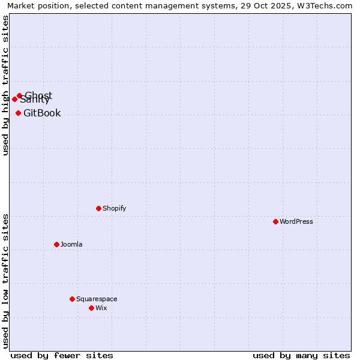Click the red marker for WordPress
(275, 221)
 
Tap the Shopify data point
(98, 208)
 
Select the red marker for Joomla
(56, 244)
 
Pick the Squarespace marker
(72, 299)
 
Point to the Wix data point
(91, 308)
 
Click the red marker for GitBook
(18, 113)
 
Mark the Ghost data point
(19, 95)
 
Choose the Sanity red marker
(14, 99)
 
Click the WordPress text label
(296, 221)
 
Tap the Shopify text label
(114, 208)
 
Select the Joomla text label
(71, 244)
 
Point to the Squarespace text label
(97, 299)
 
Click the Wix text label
(101, 308)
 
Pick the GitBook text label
(42, 113)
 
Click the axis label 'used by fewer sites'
(62, 355)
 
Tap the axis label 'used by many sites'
(301, 355)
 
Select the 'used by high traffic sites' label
(5, 85)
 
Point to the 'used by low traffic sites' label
(5, 280)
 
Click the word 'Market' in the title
(22, 6)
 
